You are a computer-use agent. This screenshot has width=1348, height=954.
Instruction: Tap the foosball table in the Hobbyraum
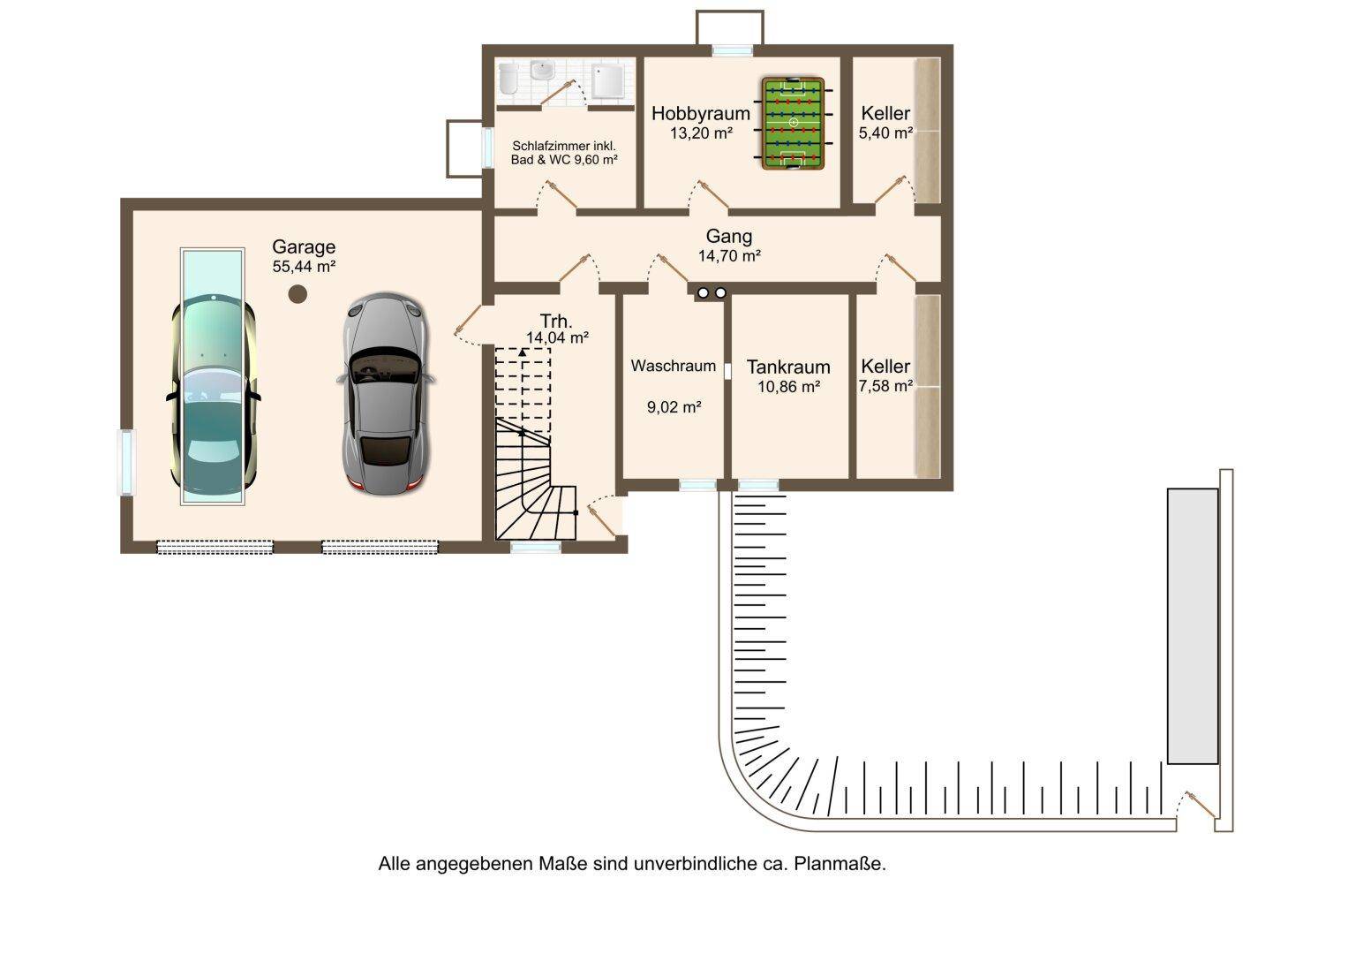794,123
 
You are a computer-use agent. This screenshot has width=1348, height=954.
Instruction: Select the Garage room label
304,246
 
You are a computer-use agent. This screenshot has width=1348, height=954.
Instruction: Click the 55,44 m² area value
304,266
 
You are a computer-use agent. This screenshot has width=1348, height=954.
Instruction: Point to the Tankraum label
788,367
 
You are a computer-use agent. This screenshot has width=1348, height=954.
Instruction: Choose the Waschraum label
674,366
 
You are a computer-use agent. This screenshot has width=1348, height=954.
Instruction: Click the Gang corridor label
729,236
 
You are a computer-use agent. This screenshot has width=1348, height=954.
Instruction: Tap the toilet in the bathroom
508,79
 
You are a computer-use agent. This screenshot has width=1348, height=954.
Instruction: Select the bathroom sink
544,71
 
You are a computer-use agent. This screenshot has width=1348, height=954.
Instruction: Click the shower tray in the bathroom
608,81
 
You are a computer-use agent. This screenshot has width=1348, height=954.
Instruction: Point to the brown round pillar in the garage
297,294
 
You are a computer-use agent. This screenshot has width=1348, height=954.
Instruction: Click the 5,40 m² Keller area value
885,133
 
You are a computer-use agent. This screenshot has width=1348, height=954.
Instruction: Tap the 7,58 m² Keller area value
885,386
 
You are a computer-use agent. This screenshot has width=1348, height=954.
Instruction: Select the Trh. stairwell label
556,321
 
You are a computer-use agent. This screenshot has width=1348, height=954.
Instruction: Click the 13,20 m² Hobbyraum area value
701,133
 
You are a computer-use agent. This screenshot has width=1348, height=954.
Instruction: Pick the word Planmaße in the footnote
840,864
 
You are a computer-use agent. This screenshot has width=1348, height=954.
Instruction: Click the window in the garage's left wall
126,462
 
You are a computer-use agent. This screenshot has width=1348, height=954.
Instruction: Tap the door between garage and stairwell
469,325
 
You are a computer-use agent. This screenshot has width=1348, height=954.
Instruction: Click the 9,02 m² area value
674,407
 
